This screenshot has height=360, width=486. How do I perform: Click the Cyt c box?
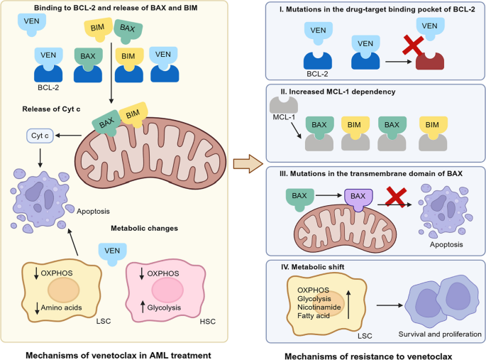tap(37, 135)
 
